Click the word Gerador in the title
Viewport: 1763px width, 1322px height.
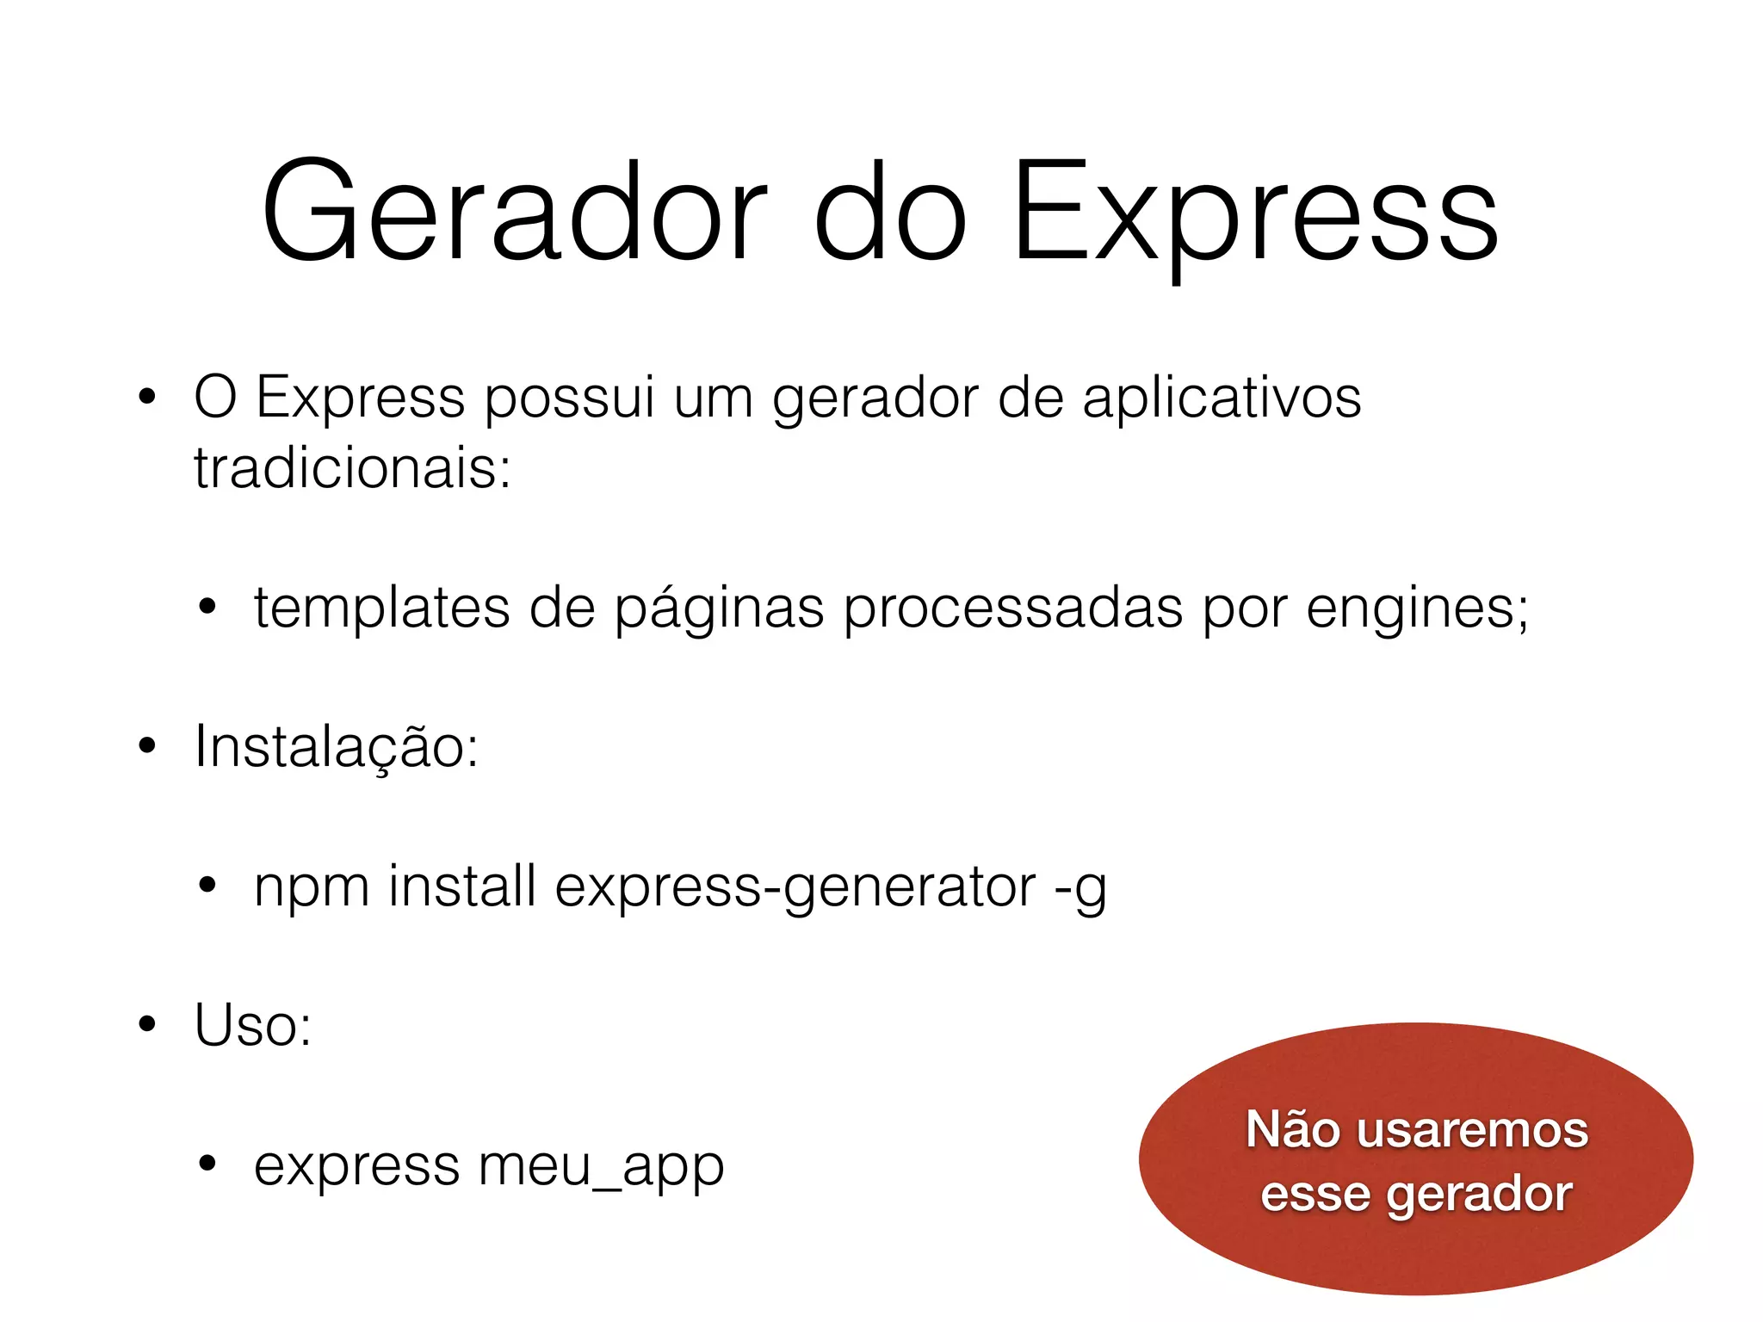coord(514,211)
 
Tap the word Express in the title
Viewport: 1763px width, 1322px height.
coord(1255,211)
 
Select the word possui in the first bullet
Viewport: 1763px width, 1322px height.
coord(570,398)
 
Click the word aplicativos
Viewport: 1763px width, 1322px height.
coord(1222,398)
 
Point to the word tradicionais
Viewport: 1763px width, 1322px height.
coord(352,469)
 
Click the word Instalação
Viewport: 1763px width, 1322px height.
coord(336,747)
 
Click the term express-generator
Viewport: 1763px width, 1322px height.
coord(795,887)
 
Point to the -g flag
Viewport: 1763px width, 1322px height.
coord(1080,887)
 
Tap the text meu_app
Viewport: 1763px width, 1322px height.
coord(601,1166)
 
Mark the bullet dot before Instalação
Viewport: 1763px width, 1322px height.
coord(147,745)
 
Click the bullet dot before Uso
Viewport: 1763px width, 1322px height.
coord(147,1024)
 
